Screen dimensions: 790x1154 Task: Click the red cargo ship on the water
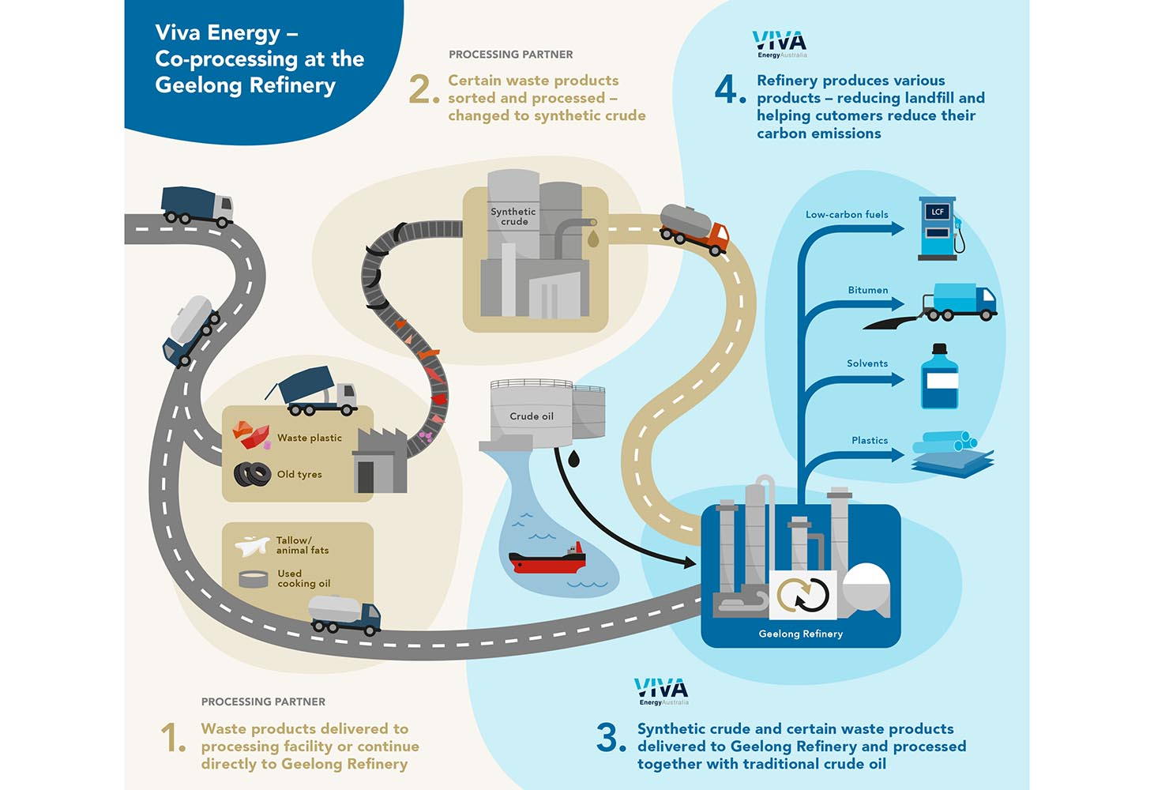(x=547, y=559)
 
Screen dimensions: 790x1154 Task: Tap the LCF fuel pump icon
(x=940, y=228)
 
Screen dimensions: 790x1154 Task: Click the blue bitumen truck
(x=960, y=302)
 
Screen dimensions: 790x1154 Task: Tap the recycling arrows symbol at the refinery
(x=803, y=595)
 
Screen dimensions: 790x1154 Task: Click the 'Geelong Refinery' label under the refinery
(x=800, y=634)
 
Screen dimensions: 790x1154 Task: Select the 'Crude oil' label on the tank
(x=531, y=416)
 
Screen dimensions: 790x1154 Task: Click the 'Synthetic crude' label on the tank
(x=513, y=216)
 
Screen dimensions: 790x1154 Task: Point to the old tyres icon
(x=252, y=474)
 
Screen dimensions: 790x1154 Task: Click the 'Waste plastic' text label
(x=309, y=438)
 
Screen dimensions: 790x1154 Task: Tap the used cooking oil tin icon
(x=254, y=578)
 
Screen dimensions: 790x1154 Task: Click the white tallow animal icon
(x=252, y=545)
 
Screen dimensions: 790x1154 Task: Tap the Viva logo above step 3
(x=661, y=690)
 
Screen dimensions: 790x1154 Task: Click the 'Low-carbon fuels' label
(x=847, y=214)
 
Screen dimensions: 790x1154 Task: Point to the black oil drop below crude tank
(x=573, y=458)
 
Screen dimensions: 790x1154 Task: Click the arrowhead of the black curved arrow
(x=689, y=562)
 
